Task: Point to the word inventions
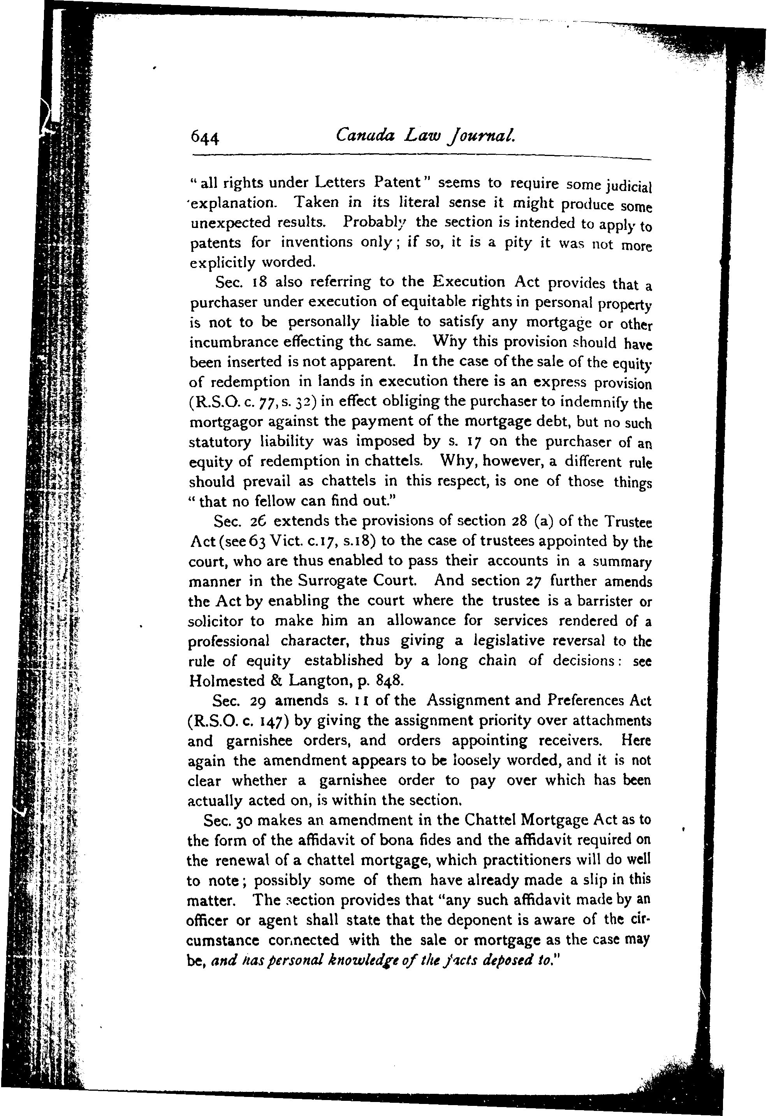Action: [318, 242]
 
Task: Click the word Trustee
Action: [627, 522]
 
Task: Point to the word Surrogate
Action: [330, 582]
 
